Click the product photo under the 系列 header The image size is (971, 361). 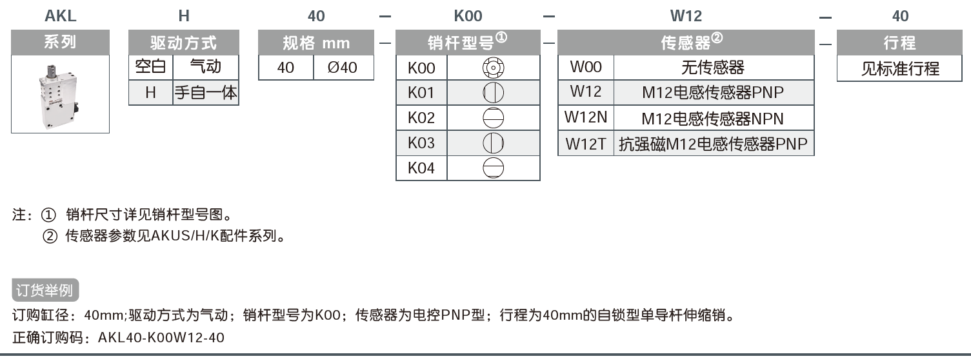pyautogui.click(x=60, y=94)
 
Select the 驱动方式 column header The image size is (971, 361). pyautogui.click(x=184, y=43)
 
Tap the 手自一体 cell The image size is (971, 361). pyautogui.click(x=206, y=93)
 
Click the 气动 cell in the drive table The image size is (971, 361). pyautogui.click(x=206, y=67)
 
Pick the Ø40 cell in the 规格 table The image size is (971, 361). pyautogui.click(x=343, y=67)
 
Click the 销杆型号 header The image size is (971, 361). pyautogui.click(x=467, y=43)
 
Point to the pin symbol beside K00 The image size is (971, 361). pyautogui.click(x=493, y=68)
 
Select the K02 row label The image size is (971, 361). pyautogui.click(x=421, y=118)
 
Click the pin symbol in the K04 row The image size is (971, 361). pyautogui.click(x=493, y=168)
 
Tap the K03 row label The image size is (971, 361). pyautogui.click(x=421, y=143)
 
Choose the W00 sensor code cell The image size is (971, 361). pyautogui.click(x=586, y=67)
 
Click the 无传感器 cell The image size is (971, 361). pyautogui.click(x=713, y=67)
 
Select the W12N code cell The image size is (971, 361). pyautogui.click(x=586, y=118)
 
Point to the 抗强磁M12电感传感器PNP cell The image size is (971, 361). pyautogui.click(x=713, y=143)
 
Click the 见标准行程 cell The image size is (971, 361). pyautogui.click(x=900, y=68)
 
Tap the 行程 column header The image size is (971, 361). pyautogui.click(x=900, y=43)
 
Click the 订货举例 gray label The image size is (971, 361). pyautogui.click(x=45, y=290)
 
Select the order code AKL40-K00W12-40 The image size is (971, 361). pyautogui.click(x=161, y=337)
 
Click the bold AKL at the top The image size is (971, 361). pyautogui.click(x=61, y=16)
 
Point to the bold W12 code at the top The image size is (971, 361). pyautogui.click(x=686, y=16)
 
